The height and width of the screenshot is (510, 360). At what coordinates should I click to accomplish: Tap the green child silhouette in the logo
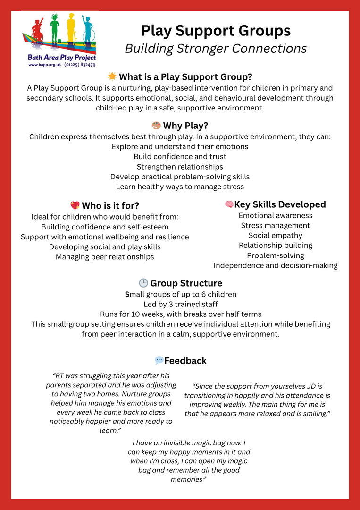click(x=55, y=29)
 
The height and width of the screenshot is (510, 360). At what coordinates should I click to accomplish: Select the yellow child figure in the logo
click(x=71, y=28)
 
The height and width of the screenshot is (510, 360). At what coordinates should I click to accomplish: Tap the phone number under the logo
click(x=80, y=65)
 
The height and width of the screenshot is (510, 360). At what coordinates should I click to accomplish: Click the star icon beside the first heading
click(x=112, y=76)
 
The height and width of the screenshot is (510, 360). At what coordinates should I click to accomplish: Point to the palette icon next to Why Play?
click(x=156, y=126)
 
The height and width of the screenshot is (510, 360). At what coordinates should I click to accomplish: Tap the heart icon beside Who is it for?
click(x=75, y=205)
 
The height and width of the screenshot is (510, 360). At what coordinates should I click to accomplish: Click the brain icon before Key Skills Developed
click(x=229, y=204)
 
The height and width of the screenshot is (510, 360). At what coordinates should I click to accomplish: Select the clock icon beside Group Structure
click(x=143, y=283)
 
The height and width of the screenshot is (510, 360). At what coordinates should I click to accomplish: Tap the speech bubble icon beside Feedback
click(x=159, y=361)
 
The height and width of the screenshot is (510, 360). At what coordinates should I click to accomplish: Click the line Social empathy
click(x=276, y=235)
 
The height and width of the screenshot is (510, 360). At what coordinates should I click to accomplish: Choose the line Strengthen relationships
click(x=180, y=167)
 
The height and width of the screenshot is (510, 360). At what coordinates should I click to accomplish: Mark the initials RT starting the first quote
click(x=60, y=376)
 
